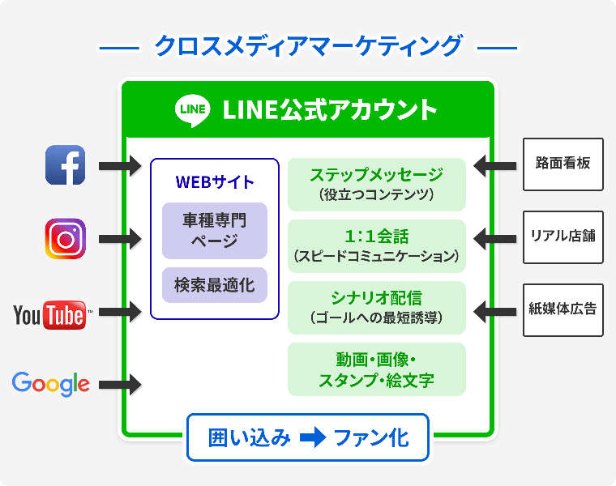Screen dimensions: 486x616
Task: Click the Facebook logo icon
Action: pyautogui.click(x=66, y=165)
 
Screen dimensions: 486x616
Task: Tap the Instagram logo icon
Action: pyautogui.click(x=66, y=238)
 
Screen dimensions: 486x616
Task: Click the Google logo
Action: pyautogui.click(x=50, y=383)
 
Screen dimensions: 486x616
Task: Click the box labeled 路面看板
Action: pyautogui.click(x=563, y=164)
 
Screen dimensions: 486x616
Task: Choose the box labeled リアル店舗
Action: pyautogui.click(x=563, y=237)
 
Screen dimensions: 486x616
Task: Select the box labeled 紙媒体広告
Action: pyautogui.click(x=563, y=309)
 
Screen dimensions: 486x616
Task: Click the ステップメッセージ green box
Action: pyautogui.click(x=377, y=184)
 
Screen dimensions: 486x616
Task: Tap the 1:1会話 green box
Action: pyautogui.click(x=377, y=245)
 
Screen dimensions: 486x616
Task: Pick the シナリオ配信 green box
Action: pyautogui.click(x=377, y=307)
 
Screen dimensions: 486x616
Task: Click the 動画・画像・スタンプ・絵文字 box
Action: pyautogui.click(x=377, y=369)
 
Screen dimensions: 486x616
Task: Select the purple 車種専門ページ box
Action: pyautogui.click(x=215, y=231)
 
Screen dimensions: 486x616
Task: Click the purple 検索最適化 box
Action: pyautogui.click(x=215, y=285)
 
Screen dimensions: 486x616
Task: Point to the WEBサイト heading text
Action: pyautogui.click(x=215, y=181)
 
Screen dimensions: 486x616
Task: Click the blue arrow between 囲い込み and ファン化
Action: pyautogui.click(x=312, y=438)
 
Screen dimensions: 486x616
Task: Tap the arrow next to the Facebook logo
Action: pyautogui.click(x=121, y=166)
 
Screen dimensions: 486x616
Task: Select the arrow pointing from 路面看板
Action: pyautogui.click(x=494, y=166)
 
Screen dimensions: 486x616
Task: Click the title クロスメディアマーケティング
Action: pyautogui.click(x=308, y=46)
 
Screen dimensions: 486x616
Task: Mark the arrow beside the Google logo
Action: pyautogui.click(x=121, y=384)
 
